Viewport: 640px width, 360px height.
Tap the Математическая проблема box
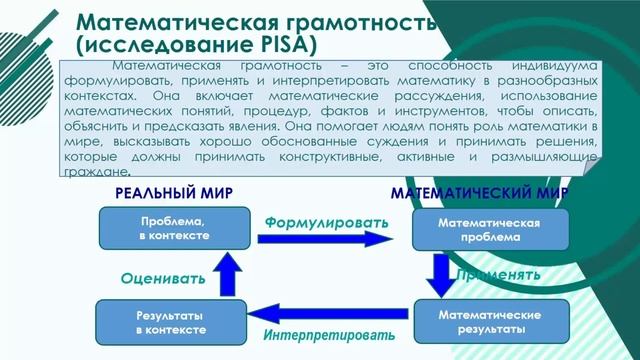coord(490,229)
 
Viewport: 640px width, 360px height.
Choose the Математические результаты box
coord(490,321)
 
